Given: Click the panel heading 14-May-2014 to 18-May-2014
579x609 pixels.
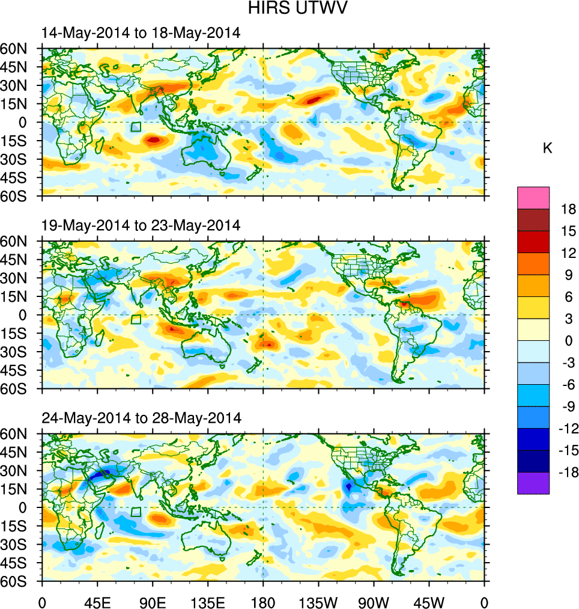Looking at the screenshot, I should click(141, 33).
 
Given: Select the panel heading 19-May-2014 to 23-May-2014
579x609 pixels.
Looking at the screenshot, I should click(141, 225).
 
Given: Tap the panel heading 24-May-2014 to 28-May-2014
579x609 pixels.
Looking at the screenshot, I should click(141, 418).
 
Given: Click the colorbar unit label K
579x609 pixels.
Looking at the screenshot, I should click(547, 148).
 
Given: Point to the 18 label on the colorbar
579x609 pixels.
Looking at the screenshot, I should click(568, 209).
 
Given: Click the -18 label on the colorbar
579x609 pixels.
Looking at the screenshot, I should click(566, 472).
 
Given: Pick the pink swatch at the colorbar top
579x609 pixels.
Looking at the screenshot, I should click(533, 197).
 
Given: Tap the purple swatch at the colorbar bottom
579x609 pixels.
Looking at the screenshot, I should click(533, 483).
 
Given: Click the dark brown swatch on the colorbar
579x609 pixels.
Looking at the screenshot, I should click(533, 219).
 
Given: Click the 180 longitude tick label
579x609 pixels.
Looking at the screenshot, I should click(263, 601).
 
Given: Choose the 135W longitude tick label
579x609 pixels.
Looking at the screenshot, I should click(318, 601).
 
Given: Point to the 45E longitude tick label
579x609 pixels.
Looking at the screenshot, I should click(97, 601).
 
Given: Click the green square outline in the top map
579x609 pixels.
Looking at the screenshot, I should click(136, 127).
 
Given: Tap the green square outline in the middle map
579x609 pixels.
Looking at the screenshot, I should click(136, 319).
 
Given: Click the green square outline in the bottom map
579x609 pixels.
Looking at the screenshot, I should click(136, 512).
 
